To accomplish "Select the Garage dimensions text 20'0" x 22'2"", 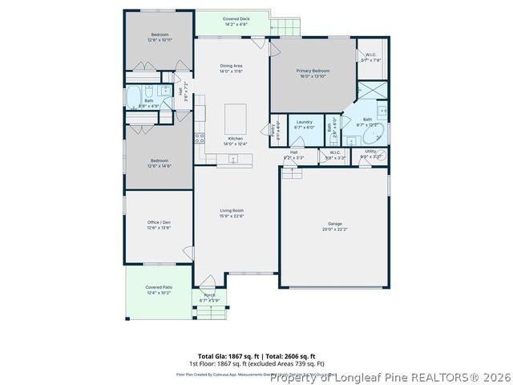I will tap(335, 229).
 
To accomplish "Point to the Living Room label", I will tap(232, 210).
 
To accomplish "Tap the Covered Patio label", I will tap(159, 287).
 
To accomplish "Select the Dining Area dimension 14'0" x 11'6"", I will tap(232, 71).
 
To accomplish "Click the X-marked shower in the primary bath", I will tap(371, 91).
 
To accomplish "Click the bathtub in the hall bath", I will tap(135, 99).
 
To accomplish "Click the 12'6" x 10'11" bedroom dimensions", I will tap(158, 38).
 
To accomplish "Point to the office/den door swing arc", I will tap(187, 253).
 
